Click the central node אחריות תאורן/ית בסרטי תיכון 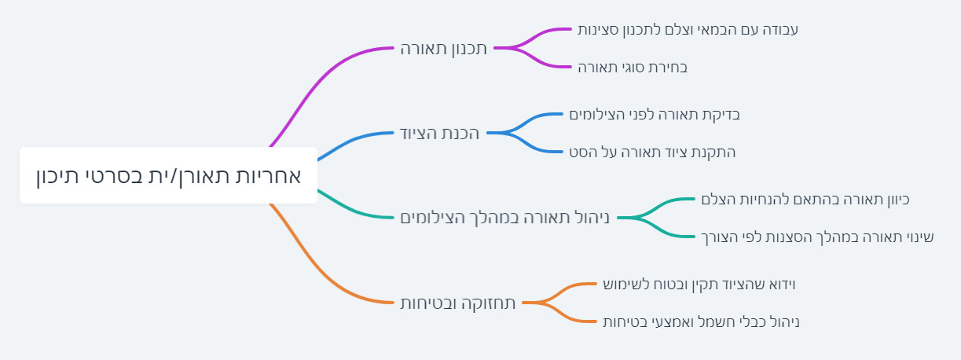click(x=168, y=175)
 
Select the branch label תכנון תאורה click(x=443, y=48)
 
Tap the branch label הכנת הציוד click(x=439, y=133)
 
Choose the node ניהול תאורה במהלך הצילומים click(x=504, y=217)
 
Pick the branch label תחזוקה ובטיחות click(x=458, y=303)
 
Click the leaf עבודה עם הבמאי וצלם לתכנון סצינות click(x=688, y=30)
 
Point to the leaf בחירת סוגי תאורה click(x=633, y=67)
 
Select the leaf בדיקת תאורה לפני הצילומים click(x=655, y=115)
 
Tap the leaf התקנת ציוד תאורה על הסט click(x=652, y=152)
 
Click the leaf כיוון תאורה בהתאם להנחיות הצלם click(x=805, y=200)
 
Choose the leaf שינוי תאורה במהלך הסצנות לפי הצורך click(x=817, y=237)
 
